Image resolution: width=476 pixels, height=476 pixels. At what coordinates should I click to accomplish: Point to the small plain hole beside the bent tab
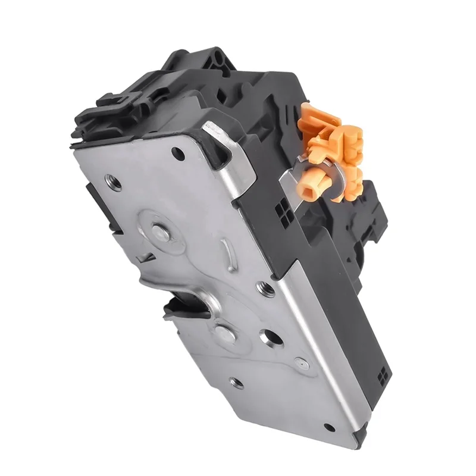tap(178, 152)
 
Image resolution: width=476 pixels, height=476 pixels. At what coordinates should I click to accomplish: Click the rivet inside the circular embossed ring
tap(159, 231)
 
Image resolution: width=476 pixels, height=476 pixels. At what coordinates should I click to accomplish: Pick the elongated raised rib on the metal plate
tap(226, 252)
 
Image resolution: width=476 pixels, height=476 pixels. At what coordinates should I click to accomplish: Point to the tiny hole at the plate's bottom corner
tap(328, 427)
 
